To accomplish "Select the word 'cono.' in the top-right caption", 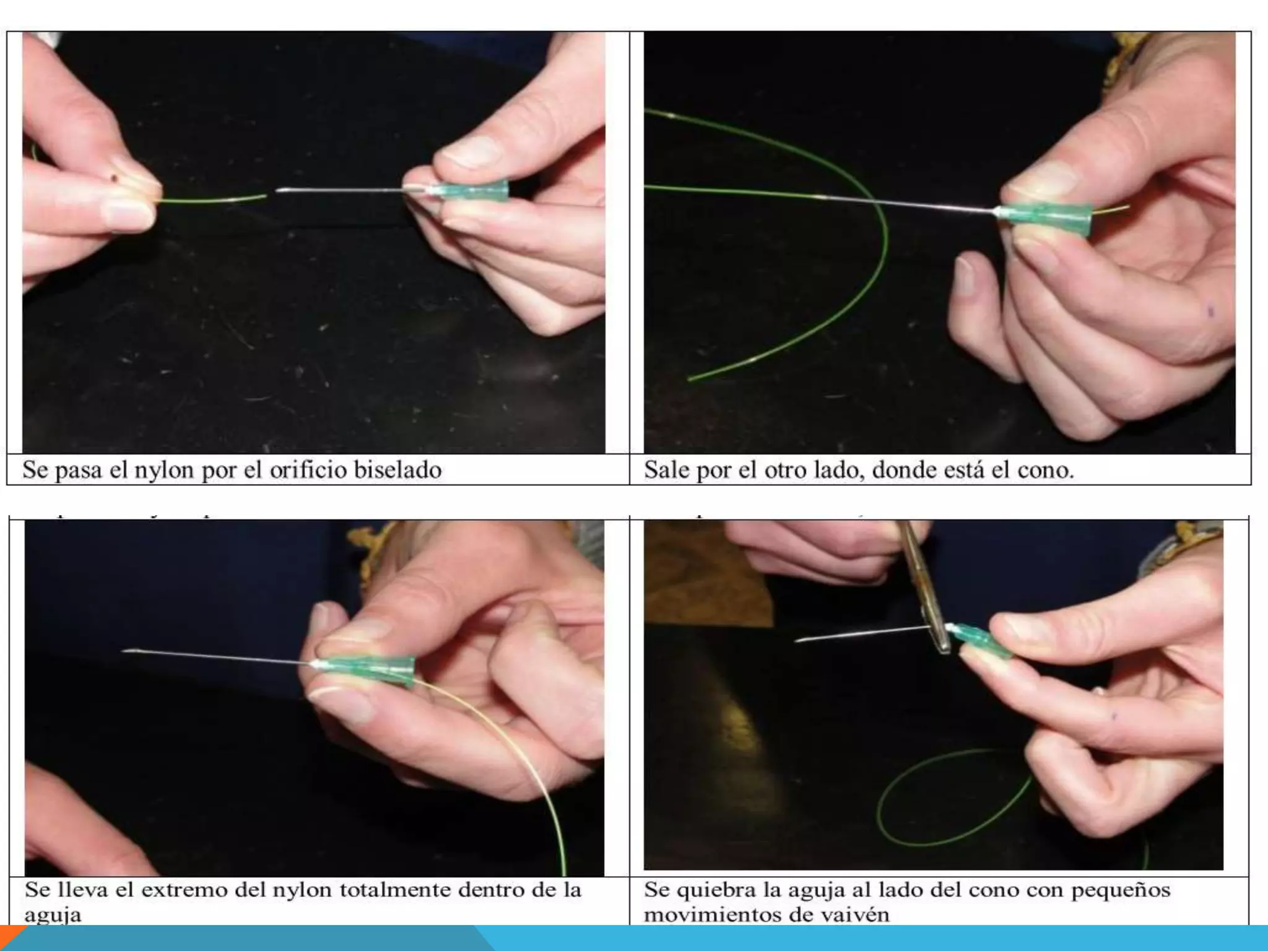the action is click(x=1046, y=471).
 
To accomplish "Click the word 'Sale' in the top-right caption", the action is click(x=667, y=470).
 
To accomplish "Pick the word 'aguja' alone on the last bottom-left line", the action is click(x=53, y=915).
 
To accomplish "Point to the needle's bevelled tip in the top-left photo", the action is click(x=276, y=192).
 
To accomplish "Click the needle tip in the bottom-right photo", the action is click(x=797, y=640).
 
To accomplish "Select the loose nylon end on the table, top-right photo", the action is click(x=690, y=377).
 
